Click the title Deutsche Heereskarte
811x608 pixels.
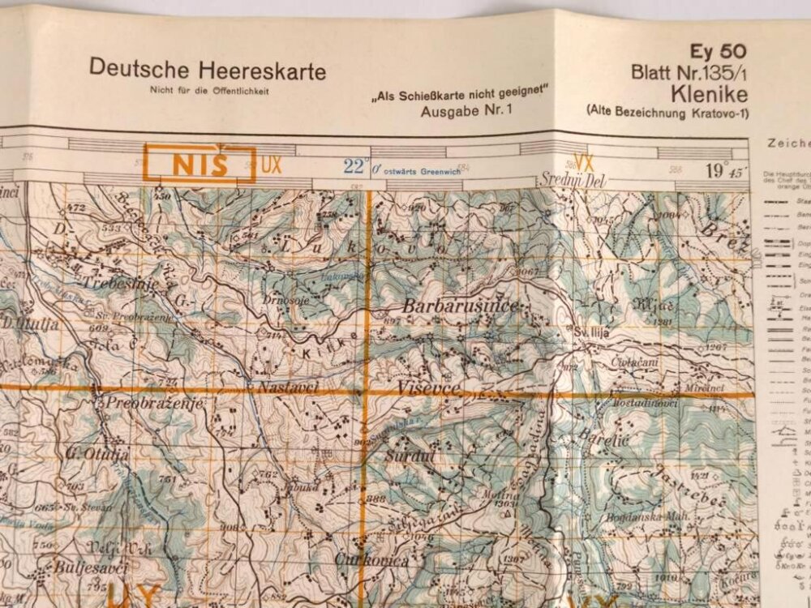coord(208,71)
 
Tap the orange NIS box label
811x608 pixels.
coord(199,164)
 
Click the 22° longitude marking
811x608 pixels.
coord(354,166)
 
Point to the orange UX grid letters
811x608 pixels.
coord(272,165)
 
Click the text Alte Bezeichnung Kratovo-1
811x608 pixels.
coord(667,110)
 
